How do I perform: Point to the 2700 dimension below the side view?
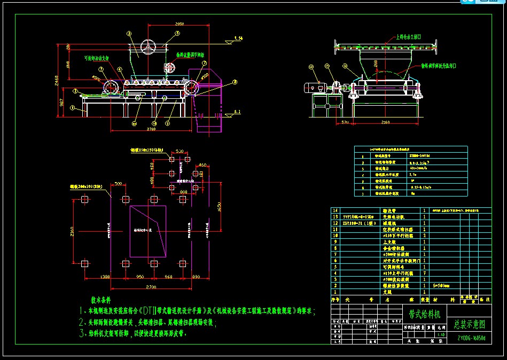(151, 129)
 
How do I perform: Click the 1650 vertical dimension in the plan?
(219, 207)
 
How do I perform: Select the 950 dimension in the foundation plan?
(139, 277)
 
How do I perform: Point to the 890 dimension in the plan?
(196, 277)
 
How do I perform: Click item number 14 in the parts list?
(336, 210)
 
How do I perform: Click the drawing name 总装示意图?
(469, 324)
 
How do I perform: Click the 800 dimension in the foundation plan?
(184, 191)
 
